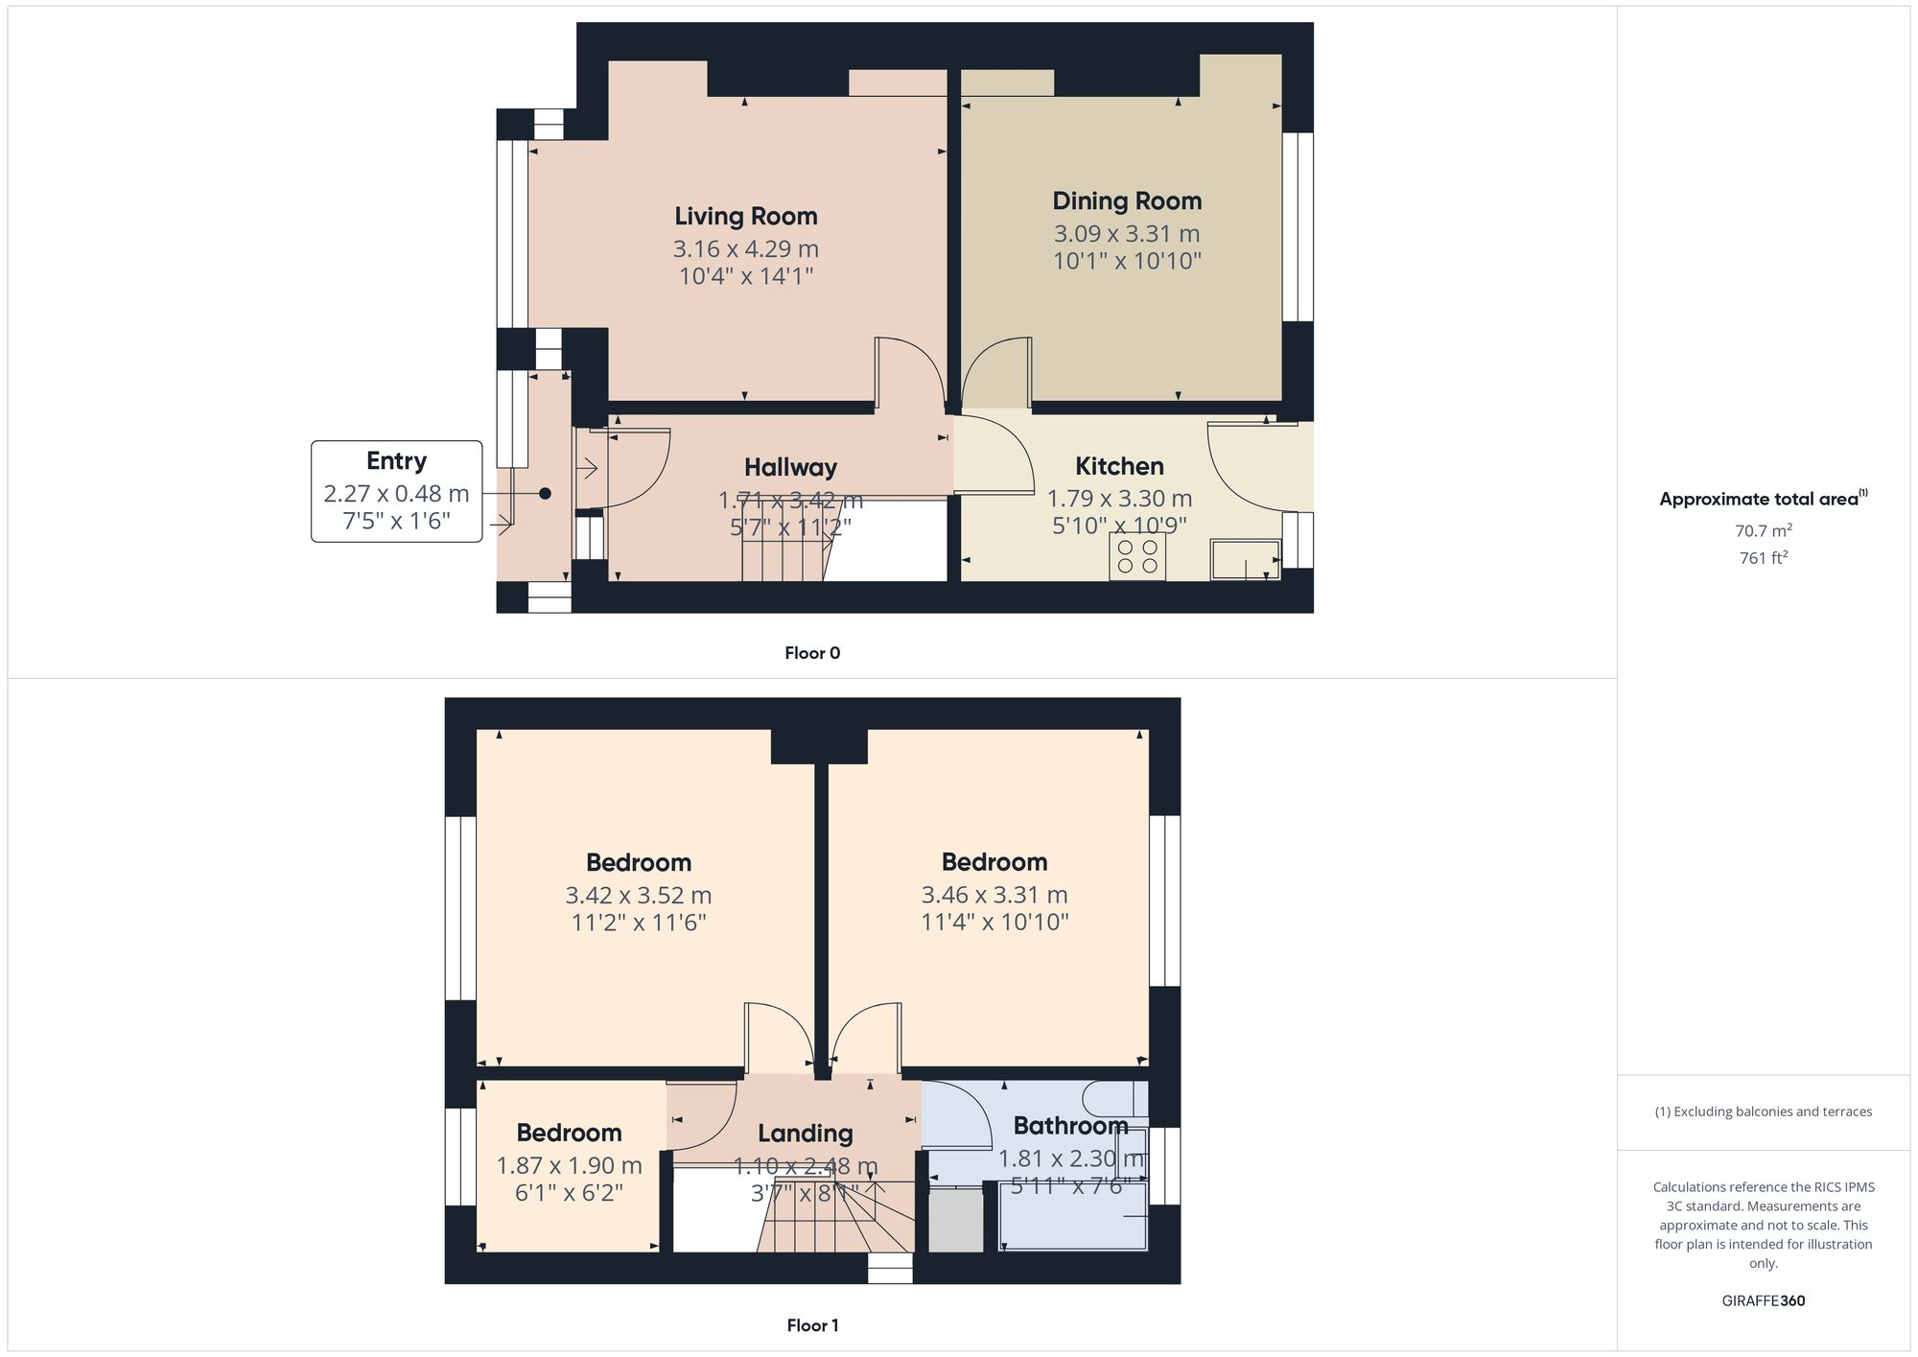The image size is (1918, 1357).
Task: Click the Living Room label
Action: [745, 217]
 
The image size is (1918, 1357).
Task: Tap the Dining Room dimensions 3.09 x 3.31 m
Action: [1127, 234]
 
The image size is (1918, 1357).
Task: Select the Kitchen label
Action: [1119, 467]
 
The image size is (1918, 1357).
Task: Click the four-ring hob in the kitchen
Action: [1137, 556]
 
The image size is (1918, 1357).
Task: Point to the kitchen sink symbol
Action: [1245, 560]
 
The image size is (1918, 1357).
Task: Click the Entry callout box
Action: [396, 491]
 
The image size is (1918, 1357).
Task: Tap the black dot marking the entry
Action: [545, 493]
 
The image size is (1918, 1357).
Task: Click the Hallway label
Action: [790, 468]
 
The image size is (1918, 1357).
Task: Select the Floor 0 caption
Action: [812, 653]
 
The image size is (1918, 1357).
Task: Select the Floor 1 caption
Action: [812, 1325]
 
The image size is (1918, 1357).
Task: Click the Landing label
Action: [805, 1134]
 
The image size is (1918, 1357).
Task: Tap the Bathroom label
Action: [1070, 1126]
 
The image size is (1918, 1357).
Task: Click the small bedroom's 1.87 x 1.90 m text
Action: [569, 1166]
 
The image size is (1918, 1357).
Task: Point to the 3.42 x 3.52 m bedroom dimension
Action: [638, 896]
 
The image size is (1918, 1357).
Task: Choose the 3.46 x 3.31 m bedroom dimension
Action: [994, 895]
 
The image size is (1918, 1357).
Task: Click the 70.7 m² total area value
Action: [1763, 530]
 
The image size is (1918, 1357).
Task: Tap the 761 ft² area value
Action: [1763, 558]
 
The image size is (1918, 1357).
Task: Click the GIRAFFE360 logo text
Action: [1763, 1301]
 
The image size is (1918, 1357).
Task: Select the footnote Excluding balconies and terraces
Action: [1763, 1112]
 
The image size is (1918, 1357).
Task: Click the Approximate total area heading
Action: [1760, 499]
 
